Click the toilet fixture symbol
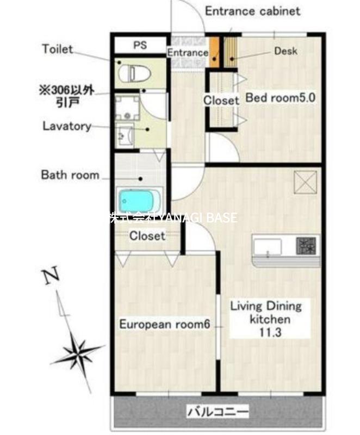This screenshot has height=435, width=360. point(134,73)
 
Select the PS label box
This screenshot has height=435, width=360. point(140,45)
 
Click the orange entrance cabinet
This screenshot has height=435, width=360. point(214,52)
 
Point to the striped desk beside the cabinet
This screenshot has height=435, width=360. point(231,52)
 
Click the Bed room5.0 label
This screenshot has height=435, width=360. point(281,98)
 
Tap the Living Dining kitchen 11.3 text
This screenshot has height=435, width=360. point(266,319)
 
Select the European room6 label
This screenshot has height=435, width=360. point(165,324)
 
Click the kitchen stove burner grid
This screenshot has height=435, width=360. point(306,246)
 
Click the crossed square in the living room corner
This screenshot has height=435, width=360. point(306,182)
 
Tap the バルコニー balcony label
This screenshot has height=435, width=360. point(218,411)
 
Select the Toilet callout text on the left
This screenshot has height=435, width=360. point(58,49)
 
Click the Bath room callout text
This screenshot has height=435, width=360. point(70,175)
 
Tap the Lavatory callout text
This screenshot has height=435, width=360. point(67,126)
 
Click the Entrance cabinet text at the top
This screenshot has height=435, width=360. point(252,11)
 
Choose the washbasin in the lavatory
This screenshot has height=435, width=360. point(126,135)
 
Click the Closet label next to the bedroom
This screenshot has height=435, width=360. point(221,101)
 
